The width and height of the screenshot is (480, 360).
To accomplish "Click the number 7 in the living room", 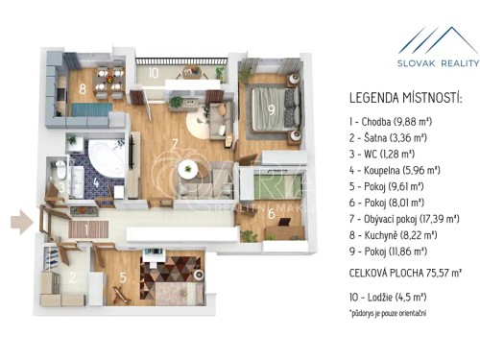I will tap(174, 146).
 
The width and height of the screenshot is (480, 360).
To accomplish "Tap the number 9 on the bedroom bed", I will tap(272, 110).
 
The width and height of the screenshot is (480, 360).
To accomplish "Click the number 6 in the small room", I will tap(272, 214).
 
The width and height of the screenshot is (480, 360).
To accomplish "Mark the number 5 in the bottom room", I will tap(122, 280).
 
